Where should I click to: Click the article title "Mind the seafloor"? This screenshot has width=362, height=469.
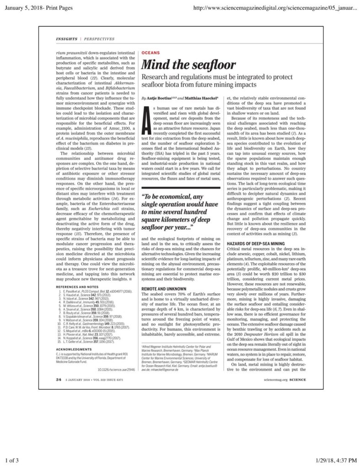[189, 65]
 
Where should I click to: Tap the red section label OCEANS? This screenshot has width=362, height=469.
[151, 53]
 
